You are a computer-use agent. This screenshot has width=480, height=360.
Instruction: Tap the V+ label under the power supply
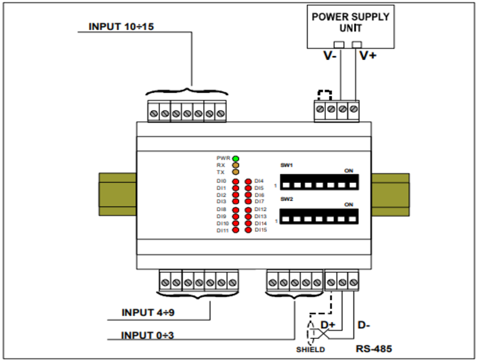[x=368, y=56]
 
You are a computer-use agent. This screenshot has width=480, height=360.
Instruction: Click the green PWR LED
[x=236, y=158]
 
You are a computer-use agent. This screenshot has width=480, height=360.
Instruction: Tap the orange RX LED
[x=236, y=165]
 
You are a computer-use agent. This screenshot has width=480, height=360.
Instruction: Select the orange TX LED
[x=236, y=172]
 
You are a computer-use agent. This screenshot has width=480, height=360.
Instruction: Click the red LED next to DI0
[x=236, y=181]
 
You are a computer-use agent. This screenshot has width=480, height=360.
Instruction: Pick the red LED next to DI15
[x=247, y=229]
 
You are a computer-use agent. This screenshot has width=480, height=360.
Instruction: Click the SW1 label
[x=286, y=164]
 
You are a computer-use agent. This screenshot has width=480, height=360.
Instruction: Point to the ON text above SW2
[x=348, y=205]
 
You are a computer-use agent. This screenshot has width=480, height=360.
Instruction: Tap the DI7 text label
[x=259, y=202]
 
